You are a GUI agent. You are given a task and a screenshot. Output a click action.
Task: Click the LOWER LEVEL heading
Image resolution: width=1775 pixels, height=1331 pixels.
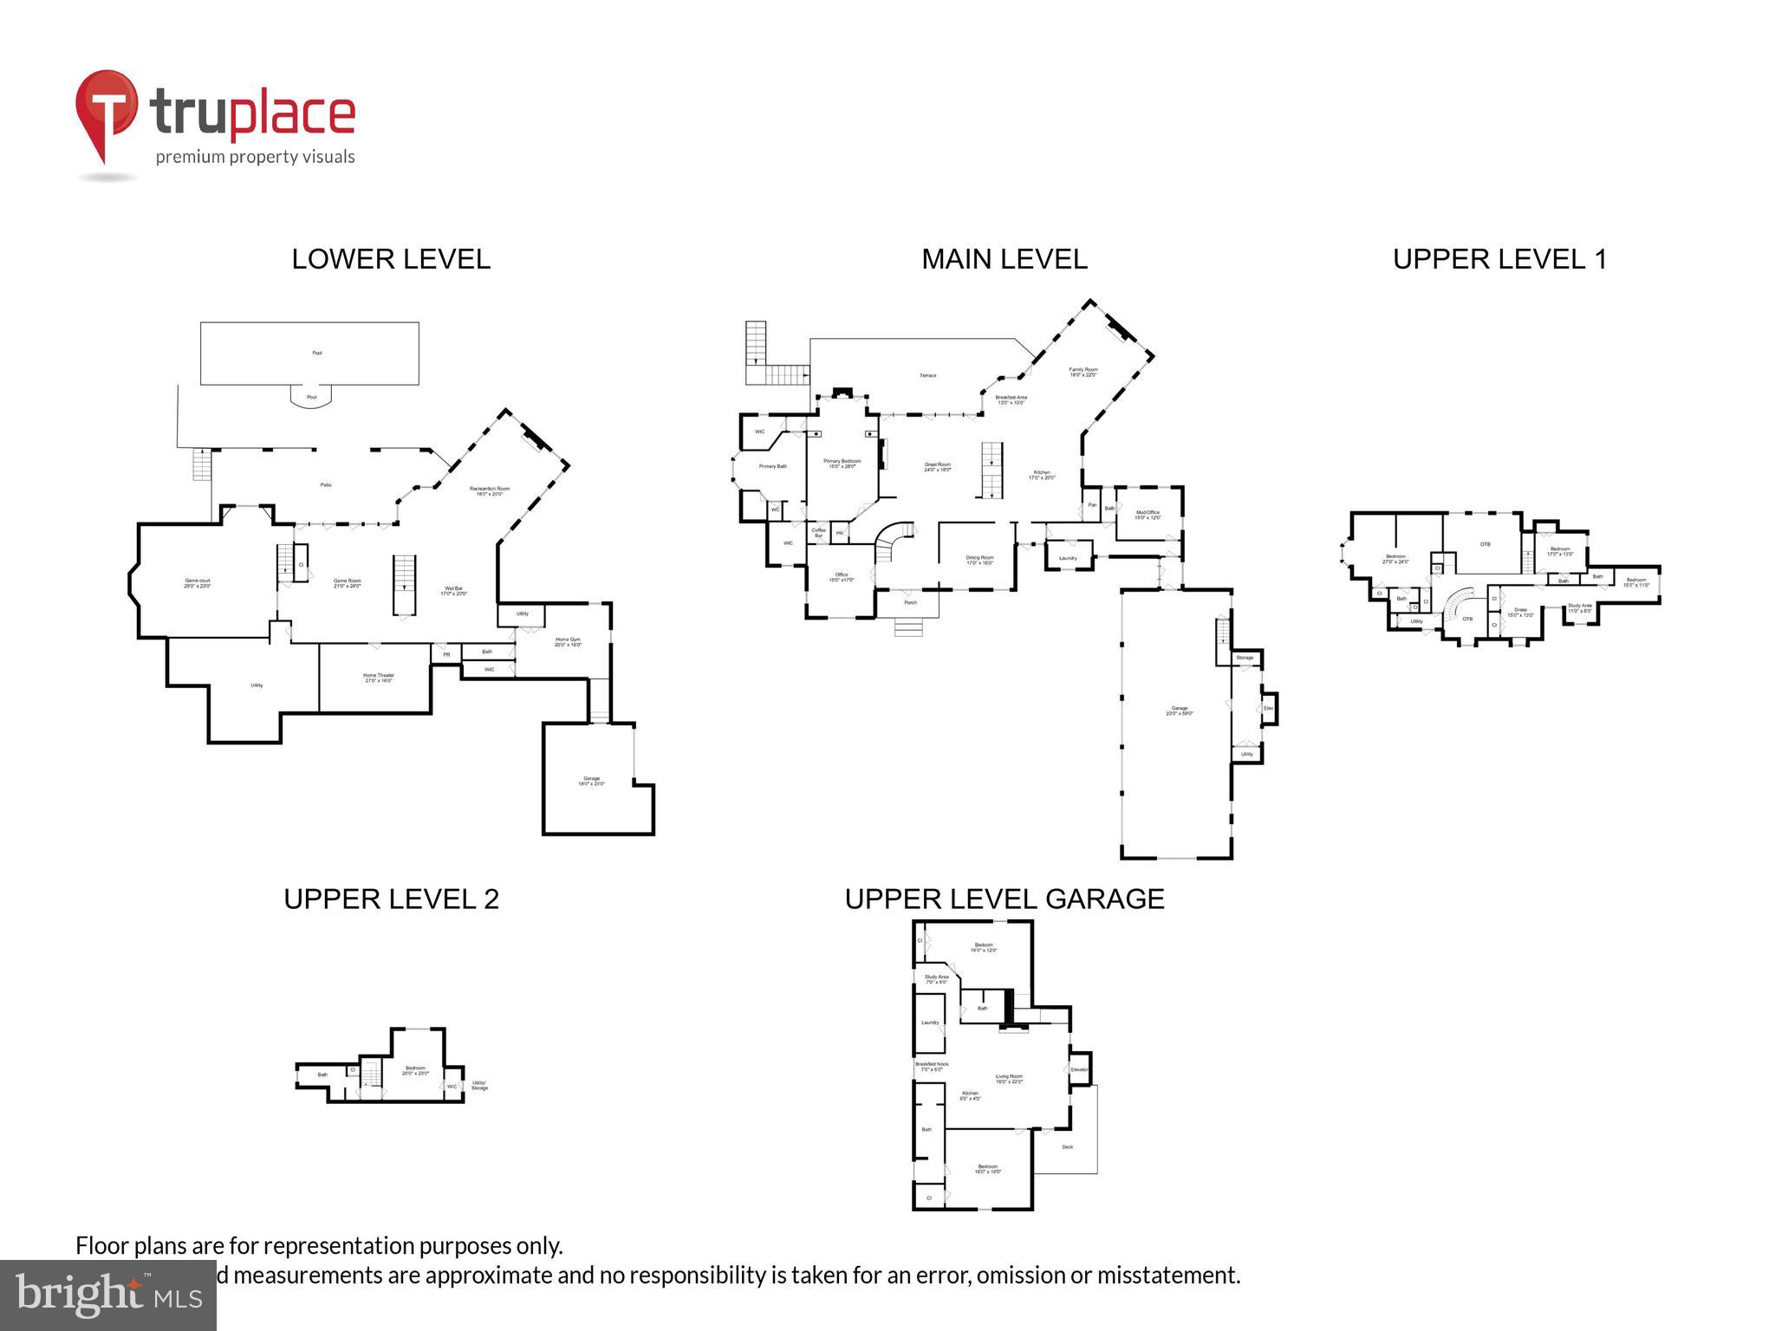390,259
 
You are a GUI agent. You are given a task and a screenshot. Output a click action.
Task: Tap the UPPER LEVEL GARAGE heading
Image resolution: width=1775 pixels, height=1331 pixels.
1004,899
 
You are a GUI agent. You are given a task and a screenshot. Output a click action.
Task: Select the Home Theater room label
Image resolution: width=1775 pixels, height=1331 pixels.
378,678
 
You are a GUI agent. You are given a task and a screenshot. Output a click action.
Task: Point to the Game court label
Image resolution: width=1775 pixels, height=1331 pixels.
198,583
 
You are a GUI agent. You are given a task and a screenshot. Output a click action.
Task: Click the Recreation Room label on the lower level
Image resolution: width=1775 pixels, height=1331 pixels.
490,490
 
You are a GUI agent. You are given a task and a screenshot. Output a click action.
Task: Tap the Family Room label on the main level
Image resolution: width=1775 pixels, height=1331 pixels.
1083,372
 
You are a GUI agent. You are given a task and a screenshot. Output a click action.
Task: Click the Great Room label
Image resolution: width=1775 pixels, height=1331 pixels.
937,466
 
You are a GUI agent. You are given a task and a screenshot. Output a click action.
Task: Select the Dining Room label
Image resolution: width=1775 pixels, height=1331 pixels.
979,560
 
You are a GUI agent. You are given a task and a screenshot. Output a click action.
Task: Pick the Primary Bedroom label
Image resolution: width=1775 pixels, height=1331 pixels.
842,464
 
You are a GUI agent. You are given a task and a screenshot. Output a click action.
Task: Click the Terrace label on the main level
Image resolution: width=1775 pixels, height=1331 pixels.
927,375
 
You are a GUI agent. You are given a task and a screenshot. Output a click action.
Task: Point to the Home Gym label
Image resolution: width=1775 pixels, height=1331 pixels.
568,642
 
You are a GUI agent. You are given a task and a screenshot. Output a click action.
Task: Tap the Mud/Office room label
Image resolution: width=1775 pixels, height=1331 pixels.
1147,515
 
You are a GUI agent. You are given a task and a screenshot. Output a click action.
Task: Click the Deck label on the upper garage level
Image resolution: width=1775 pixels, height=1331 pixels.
1067,1147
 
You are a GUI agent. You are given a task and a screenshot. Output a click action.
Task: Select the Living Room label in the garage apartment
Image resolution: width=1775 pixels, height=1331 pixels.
1009,1078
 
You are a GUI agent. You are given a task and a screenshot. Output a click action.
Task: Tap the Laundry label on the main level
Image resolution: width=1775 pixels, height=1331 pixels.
1068,558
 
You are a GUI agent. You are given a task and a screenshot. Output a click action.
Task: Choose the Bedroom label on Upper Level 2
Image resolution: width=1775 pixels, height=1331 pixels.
415,1070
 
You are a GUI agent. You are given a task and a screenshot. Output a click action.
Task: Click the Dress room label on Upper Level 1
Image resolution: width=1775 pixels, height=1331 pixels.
1520,612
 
